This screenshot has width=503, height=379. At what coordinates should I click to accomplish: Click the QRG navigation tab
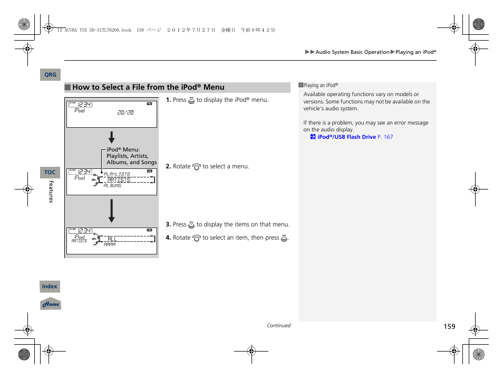(x=50, y=75)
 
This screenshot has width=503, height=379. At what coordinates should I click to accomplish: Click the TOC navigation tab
(x=50, y=173)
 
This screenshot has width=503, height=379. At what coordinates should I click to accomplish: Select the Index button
(x=50, y=287)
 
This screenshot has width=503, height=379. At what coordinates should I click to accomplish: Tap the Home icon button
(x=51, y=304)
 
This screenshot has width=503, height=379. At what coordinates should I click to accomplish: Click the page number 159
(x=449, y=327)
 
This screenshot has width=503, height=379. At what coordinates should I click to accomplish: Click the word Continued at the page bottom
(x=278, y=326)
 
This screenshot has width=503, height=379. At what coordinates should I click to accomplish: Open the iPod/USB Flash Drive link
(x=346, y=137)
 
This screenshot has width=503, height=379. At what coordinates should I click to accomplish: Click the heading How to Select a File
(x=148, y=88)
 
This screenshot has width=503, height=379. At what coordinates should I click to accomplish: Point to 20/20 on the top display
(x=125, y=112)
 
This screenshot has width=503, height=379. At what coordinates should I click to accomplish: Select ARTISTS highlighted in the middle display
(x=119, y=180)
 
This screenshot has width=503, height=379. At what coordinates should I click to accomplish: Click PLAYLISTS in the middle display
(x=117, y=174)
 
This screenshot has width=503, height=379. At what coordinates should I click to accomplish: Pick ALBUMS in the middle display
(x=112, y=186)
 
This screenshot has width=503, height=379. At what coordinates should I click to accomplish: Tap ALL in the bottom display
(x=112, y=239)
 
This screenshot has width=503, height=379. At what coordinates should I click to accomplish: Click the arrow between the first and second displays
(x=112, y=138)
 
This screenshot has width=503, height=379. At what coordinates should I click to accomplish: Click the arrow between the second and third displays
(x=112, y=211)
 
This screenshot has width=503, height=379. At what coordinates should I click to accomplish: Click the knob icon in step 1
(x=191, y=100)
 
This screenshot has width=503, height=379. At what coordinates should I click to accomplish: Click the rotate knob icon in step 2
(x=197, y=167)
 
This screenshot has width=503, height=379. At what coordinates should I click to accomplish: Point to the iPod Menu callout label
(x=131, y=156)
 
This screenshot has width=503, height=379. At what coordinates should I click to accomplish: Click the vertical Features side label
(x=51, y=192)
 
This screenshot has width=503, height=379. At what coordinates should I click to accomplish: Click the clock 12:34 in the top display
(x=84, y=105)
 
